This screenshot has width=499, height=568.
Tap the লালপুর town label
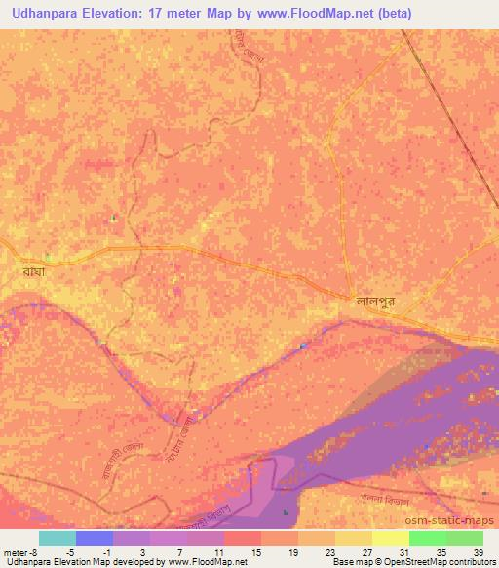coord(374,303)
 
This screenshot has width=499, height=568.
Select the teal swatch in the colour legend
coord(57,538)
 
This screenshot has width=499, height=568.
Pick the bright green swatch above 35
coord(427,538)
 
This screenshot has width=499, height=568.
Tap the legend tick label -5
coord(85,552)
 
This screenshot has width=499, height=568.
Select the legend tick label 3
coord(142,552)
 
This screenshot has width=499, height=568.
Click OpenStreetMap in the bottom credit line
coord(405,562)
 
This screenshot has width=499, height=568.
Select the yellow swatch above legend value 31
coord(390,538)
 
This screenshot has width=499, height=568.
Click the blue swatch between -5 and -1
coord(95,538)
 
